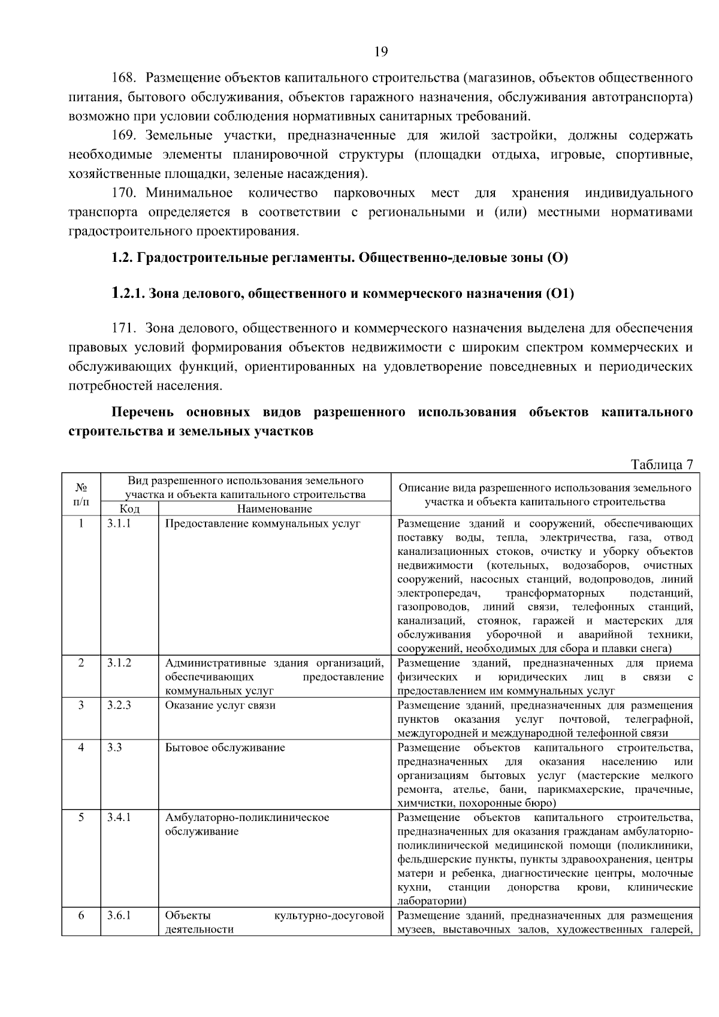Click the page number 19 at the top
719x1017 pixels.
click(x=380, y=52)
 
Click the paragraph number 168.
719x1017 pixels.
click(x=125, y=79)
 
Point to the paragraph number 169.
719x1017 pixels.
click(x=125, y=136)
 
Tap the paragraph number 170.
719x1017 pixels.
click(x=125, y=194)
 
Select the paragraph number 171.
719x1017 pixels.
click(x=125, y=328)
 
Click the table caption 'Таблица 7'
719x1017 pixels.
click(x=661, y=465)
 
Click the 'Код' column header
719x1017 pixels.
click(x=129, y=509)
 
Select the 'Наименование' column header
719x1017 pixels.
click(x=274, y=509)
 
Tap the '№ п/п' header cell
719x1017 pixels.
click(x=81, y=494)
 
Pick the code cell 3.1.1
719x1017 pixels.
click(x=119, y=524)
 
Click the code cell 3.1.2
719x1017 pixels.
click(x=119, y=663)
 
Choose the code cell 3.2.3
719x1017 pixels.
click(x=119, y=705)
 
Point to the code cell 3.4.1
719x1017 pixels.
click(x=119, y=817)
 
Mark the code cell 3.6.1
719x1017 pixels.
click(x=119, y=916)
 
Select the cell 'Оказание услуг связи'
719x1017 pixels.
click(x=220, y=705)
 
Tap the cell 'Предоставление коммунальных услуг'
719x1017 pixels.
click(x=263, y=524)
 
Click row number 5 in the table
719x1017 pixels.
click(x=81, y=817)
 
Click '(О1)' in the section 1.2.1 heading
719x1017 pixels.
click(x=560, y=294)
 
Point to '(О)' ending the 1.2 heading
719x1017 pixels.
click(x=557, y=258)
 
